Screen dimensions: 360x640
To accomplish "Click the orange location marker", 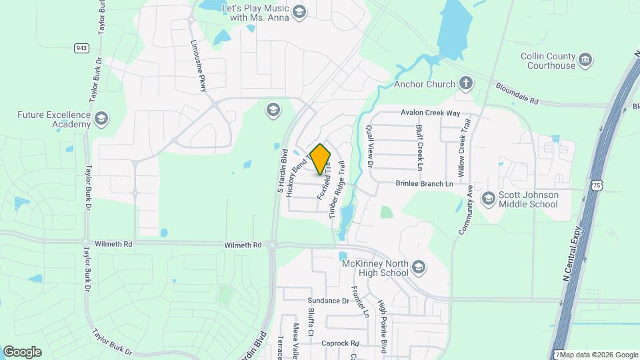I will point(321,159).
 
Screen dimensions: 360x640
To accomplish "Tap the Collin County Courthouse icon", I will point(585,59).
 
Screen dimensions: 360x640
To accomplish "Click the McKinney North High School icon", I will point(418,268).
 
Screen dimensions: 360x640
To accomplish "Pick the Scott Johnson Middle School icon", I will point(489,199).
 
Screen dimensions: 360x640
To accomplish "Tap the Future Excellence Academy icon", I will point(101,119).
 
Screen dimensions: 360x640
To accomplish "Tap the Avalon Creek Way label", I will point(430,113).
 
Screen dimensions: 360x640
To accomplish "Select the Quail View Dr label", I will point(371,145).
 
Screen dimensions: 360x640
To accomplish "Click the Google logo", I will point(22,352).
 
